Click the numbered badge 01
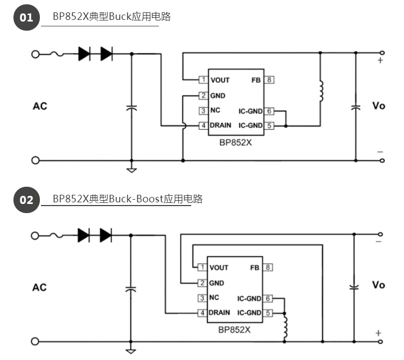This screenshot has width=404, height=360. pos(26,18)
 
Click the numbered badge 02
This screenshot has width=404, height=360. pos(26,200)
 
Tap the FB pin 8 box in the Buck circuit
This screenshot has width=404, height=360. pos(269,80)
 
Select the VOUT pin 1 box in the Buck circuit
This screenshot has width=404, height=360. pos(203,80)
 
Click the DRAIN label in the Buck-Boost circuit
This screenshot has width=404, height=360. pos(219,313)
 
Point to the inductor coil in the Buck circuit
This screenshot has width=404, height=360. pos(321,91)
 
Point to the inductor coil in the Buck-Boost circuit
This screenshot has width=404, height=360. pos(285,325)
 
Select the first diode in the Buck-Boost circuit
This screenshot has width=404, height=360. pos(84,235)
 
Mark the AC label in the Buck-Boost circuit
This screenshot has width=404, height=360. pos(39,287)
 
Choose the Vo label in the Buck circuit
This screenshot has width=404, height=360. pos(379,106)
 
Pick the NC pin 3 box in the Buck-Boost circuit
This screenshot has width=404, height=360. pos(202,298)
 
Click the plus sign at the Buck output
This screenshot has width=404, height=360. pos(380,61)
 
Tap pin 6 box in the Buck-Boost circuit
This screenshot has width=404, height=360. pos(268,298)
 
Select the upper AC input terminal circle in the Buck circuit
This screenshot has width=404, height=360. pos(36,54)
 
